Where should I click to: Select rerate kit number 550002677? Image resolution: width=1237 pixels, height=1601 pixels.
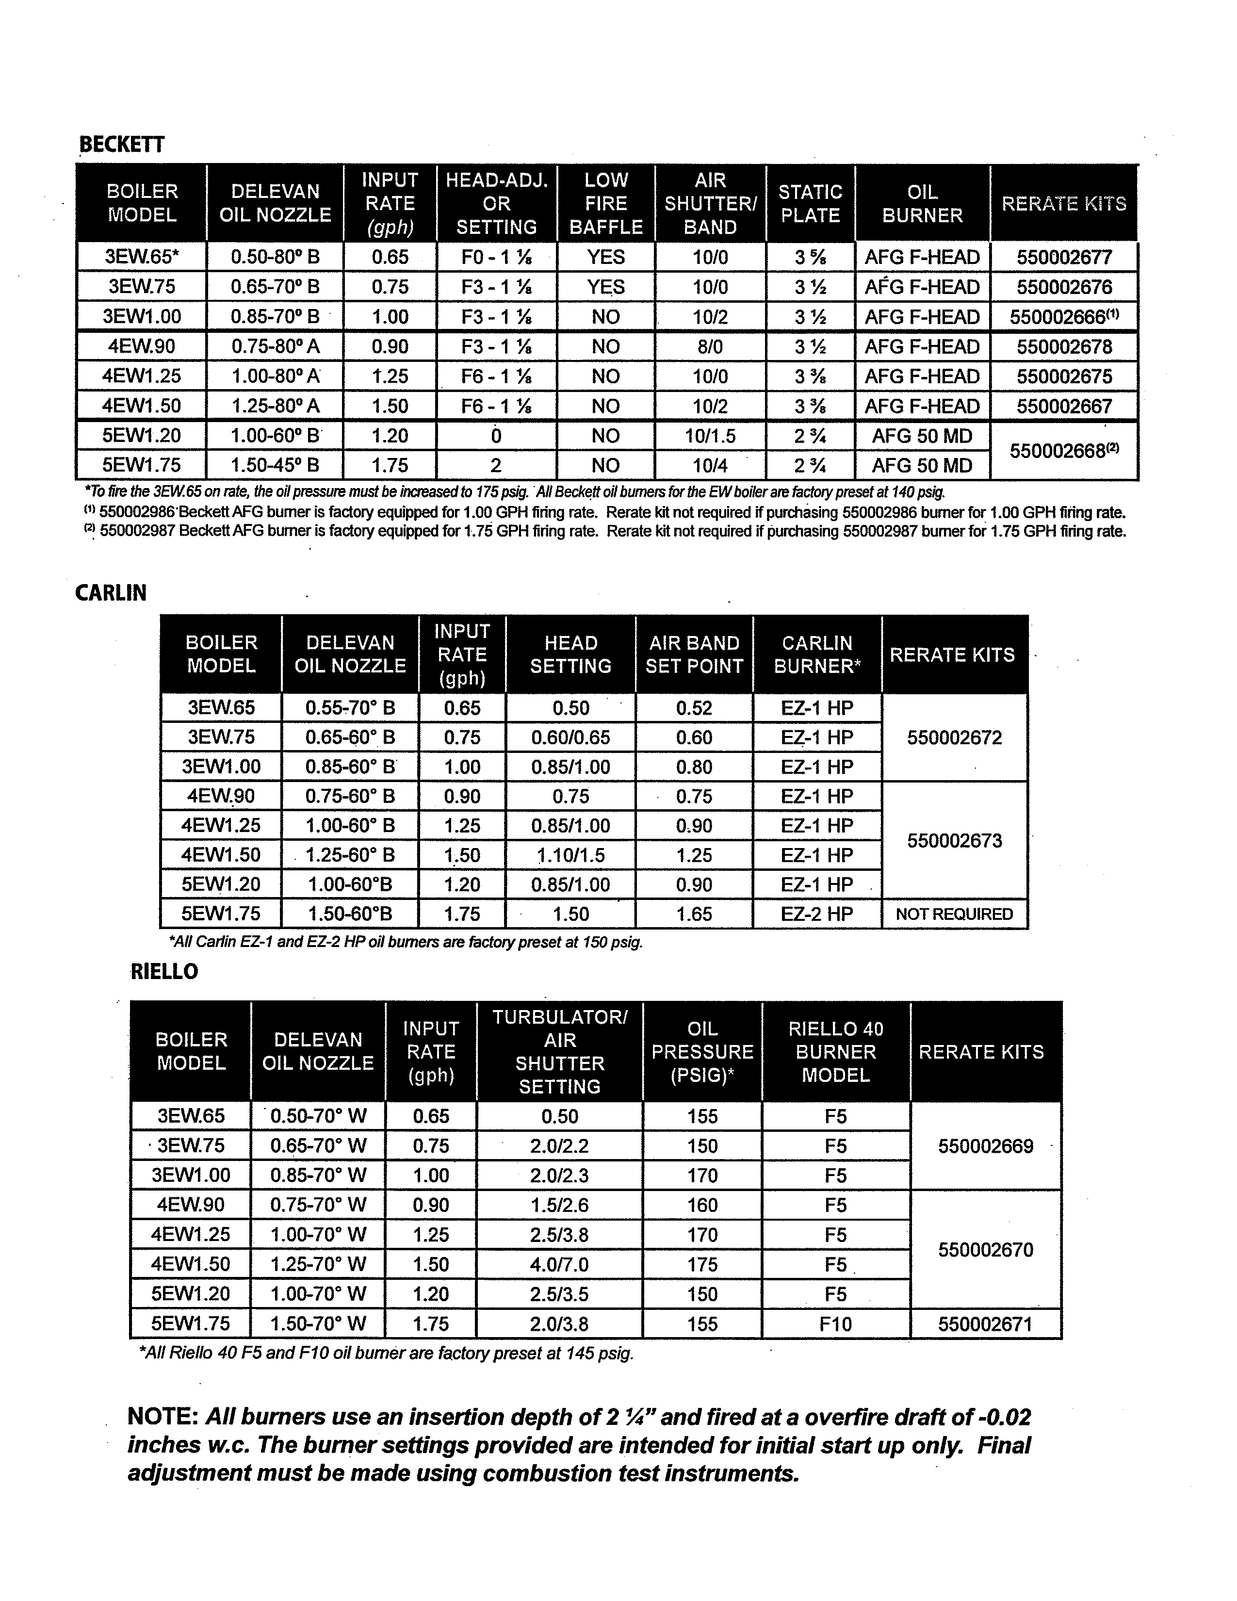(x=1064, y=257)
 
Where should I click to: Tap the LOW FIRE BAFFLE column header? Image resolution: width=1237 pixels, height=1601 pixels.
(x=606, y=203)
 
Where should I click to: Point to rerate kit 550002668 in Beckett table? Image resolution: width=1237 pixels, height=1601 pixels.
(x=1064, y=451)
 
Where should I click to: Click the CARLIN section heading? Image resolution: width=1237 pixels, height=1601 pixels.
(x=111, y=592)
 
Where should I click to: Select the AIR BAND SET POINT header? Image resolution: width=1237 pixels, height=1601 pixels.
(x=694, y=654)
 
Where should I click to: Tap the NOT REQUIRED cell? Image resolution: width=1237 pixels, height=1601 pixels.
(x=954, y=914)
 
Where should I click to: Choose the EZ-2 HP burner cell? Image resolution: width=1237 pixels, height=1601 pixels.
(x=817, y=914)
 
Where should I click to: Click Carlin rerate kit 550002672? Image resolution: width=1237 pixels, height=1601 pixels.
(x=954, y=737)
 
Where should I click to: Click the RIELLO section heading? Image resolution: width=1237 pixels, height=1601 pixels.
(x=164, y=972)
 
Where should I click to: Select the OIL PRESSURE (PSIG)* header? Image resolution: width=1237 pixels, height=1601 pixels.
(x=702, y=1051)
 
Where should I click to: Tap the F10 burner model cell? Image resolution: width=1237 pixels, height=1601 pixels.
(x=835, y=1324)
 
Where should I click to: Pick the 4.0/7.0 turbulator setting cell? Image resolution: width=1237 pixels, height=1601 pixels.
(x=559, y=1264)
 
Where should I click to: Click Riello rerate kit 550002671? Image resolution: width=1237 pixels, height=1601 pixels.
(x=985, y=1324)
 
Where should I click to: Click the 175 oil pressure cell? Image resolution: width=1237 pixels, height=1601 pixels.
(x=702, y=1264)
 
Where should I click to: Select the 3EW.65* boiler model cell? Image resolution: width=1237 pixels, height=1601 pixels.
(x=142, y=257)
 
